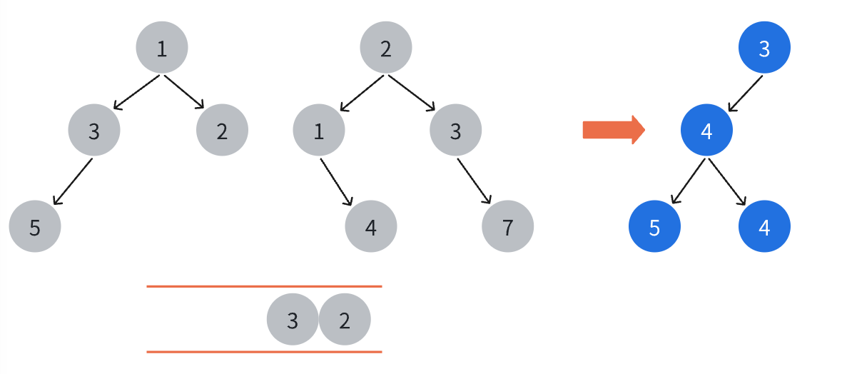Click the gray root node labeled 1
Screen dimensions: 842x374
pos(162,47)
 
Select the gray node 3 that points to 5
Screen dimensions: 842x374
pos(94,130)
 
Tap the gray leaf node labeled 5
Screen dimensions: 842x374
pos(35,226)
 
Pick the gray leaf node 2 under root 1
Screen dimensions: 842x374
pos(222,130)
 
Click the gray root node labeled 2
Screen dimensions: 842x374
pos(385,47)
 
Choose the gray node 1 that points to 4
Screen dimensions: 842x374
pos(318,130)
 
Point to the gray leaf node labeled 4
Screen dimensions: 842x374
pos(370,226)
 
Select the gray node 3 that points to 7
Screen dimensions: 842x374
pos(455,130)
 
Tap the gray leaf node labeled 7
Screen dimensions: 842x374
pos(507,226)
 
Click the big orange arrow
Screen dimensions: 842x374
pos(614,130)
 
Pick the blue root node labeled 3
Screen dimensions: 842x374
pos(764,47)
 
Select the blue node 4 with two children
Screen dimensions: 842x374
pos(706,130)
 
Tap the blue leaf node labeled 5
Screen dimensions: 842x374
pos(654,226)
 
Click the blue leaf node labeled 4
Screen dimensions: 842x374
pos(764,226)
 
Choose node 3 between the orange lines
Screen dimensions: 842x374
pos(293,320)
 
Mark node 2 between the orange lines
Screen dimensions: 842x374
pos(345,320)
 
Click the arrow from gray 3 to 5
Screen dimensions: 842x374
pos(73,181)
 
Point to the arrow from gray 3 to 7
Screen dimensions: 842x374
pos(475,181)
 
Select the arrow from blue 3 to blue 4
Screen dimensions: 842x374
pos(745,93)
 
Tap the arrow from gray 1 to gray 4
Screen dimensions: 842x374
pos(336,181)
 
